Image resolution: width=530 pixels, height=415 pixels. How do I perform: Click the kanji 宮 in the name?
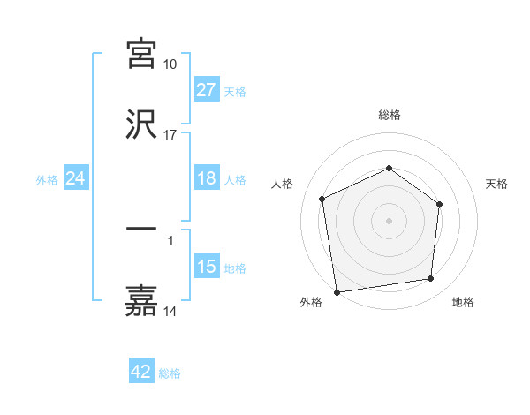point(141,55)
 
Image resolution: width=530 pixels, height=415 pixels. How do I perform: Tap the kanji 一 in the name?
point(141,230)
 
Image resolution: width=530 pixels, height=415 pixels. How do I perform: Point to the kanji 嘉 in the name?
point(141,300)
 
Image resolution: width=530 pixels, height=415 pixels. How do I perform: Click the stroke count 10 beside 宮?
point(170,64)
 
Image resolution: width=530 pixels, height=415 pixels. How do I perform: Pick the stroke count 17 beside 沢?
point(170,134)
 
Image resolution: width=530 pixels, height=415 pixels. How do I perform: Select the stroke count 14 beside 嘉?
point(170,311)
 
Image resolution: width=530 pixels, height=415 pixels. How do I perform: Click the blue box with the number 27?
point(207,90)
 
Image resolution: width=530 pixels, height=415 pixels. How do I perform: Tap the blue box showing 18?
point(207,178)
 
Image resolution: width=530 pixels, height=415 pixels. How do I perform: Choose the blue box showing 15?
point(207,267)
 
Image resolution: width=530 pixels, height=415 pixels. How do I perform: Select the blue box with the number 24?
point(76,178)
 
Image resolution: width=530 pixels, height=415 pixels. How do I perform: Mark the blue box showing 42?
point(141,372)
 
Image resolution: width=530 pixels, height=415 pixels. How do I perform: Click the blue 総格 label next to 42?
point(170,373)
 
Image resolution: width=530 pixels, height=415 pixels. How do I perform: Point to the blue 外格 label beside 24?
point(47,179)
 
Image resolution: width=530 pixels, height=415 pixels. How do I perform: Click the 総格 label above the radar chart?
point(390,115)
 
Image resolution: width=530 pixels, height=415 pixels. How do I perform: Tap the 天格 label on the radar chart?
point(497,184)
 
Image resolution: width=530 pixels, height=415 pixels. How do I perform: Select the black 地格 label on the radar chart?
point(463,303)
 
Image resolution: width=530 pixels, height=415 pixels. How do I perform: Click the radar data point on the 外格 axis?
point(337,291)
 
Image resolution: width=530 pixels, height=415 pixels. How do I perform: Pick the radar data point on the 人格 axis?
point(322,199)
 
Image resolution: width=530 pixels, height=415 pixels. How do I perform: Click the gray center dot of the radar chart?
point(390,220)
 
